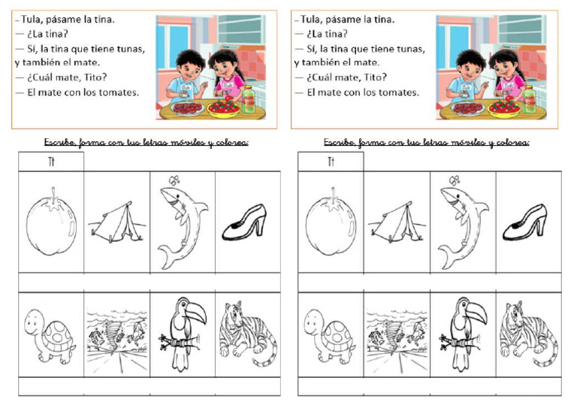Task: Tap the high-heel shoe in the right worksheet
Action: click(525, 222)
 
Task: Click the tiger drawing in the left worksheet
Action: click(246, 335)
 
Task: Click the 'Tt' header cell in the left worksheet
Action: click(51, 162)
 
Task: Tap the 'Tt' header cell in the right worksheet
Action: click(331, 162)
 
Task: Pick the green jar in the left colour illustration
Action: click(249, 98)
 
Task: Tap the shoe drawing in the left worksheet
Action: click(246, 222)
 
